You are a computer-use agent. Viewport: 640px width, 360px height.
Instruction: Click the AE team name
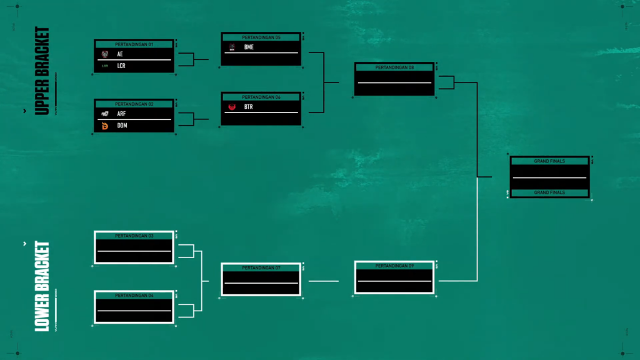120,54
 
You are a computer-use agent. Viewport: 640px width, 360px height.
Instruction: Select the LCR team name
121,66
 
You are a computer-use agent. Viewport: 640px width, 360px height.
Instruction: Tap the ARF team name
121,114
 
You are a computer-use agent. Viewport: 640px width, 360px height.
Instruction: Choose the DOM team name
122,126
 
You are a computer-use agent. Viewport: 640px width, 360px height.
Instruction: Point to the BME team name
249,47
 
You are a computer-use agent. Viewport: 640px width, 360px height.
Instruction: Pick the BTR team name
249,107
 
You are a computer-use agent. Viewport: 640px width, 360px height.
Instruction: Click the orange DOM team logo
105,126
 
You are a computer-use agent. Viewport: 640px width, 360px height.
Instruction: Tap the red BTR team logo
232,107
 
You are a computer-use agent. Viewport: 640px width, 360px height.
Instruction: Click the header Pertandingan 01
134,44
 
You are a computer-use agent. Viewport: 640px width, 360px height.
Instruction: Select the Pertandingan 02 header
134,104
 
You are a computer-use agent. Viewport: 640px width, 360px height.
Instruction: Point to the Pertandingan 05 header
261,37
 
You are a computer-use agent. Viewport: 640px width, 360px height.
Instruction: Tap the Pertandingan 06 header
261,97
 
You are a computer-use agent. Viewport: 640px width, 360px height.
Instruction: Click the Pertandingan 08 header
394,67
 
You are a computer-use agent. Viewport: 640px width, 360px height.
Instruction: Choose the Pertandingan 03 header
134,236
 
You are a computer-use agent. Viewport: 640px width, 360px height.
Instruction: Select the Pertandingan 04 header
134,295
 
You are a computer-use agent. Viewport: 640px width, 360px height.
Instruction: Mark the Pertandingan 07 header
261,268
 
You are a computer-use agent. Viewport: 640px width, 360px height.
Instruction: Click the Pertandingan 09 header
394,266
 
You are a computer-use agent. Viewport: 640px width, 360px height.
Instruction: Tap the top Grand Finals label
549,161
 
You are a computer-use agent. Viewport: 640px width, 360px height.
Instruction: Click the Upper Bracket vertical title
42,71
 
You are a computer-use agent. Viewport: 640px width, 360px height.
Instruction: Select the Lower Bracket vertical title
42,286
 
